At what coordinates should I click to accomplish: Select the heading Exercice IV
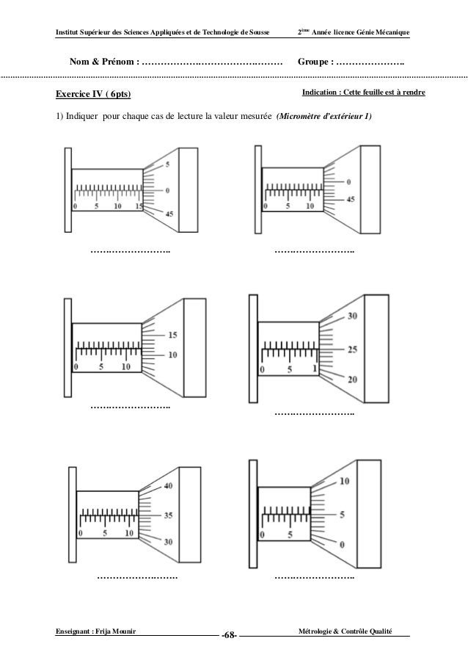pos(81,94)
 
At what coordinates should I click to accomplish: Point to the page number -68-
pos(229,634)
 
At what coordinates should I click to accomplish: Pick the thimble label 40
pos(168,486)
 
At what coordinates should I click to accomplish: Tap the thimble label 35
pos(168,515)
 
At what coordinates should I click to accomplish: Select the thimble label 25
pos(352,349)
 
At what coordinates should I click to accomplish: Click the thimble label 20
pos(352,380)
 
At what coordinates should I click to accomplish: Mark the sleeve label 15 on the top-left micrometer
pos(139,206)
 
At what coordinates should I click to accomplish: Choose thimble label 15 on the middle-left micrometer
pos(172,335)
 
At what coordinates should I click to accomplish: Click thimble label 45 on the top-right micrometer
pos(351,200)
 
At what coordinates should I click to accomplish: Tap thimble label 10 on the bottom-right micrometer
pos(345,482)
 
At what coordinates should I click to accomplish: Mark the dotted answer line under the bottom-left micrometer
pos(137,577)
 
